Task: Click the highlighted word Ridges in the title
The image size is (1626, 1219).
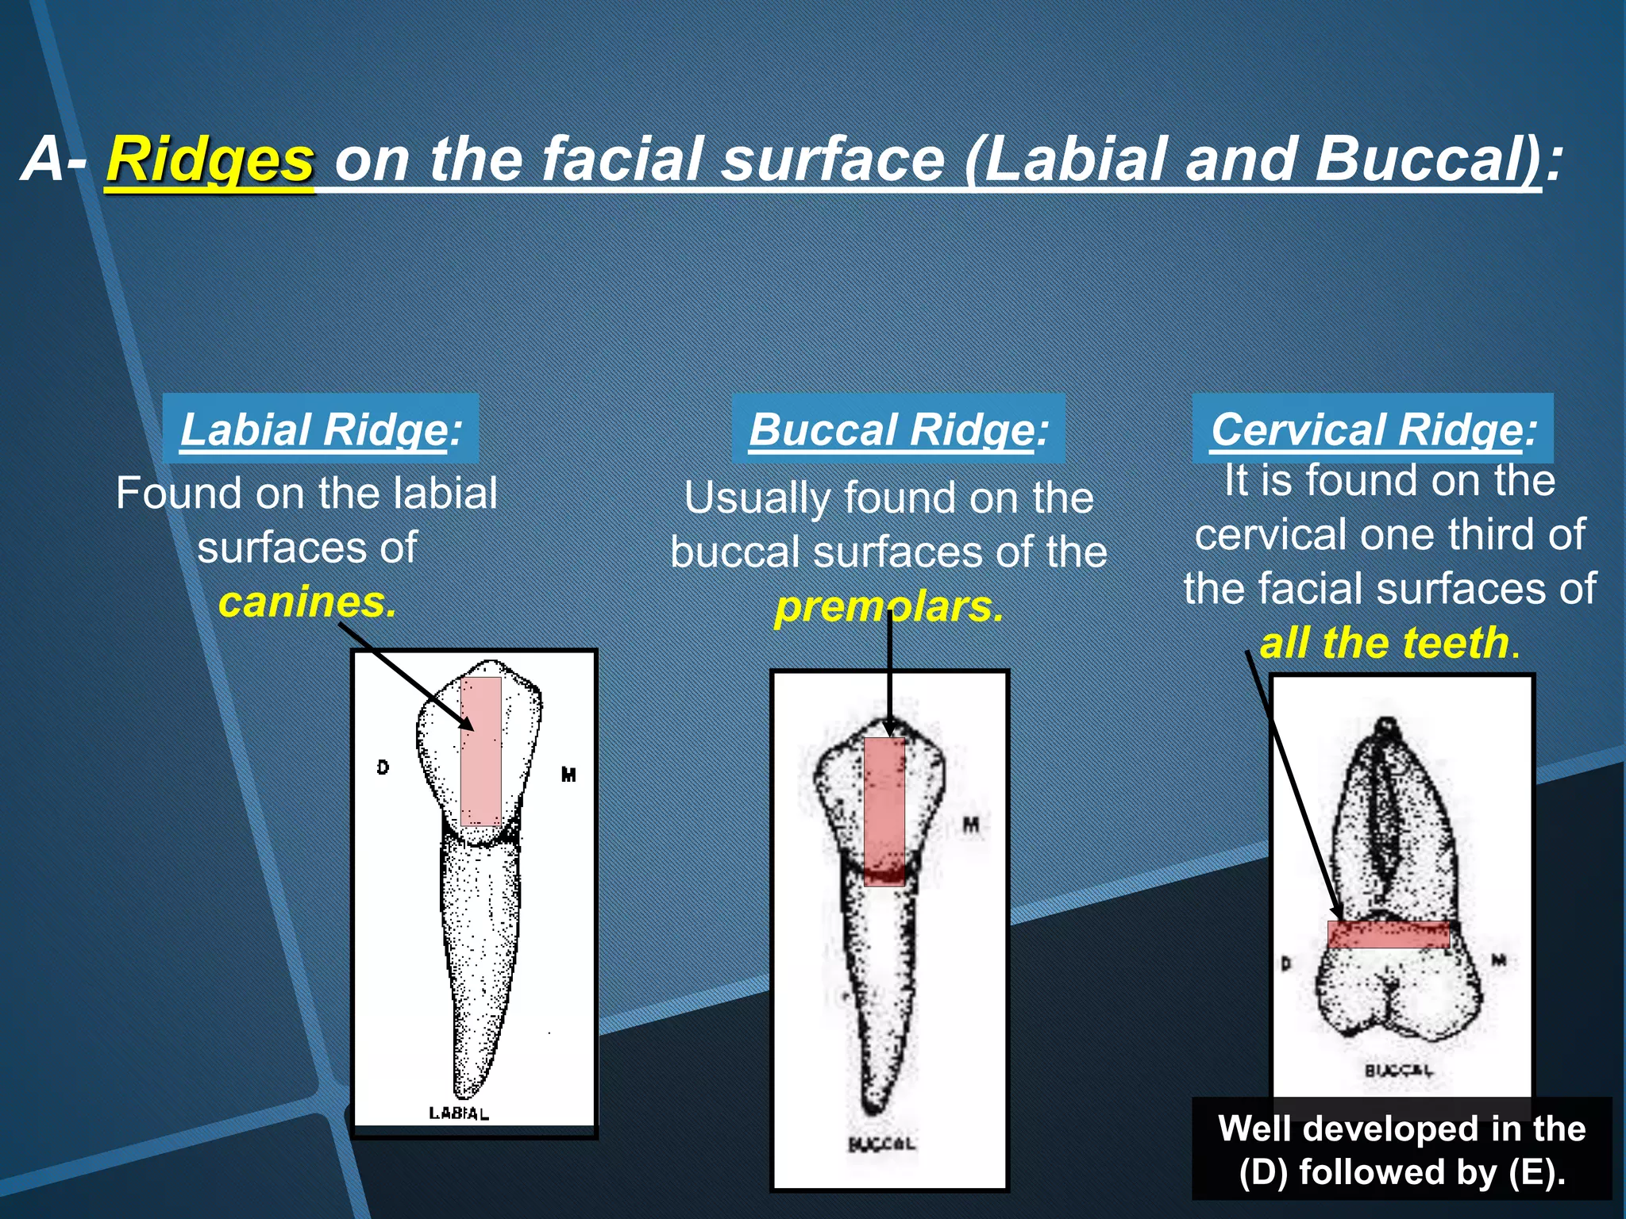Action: tap(210, 160)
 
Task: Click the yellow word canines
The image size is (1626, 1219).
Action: tap(306, 602)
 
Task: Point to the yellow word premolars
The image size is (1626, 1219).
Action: tap(888, 607)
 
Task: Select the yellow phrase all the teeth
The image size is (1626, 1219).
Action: tap(1385, 642)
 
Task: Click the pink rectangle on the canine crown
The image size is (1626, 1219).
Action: tap(480, 751)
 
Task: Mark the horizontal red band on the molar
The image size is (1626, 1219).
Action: tap(1389, 934)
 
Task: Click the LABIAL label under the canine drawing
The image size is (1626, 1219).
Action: tap(459, 1113)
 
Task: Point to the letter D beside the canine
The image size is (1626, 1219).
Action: tap(383, 767)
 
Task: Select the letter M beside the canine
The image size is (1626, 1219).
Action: tap(568, 775)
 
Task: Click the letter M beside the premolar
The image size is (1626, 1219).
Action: tap(970, 826)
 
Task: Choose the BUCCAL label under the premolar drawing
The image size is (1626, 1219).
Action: tap(881, 1144)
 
